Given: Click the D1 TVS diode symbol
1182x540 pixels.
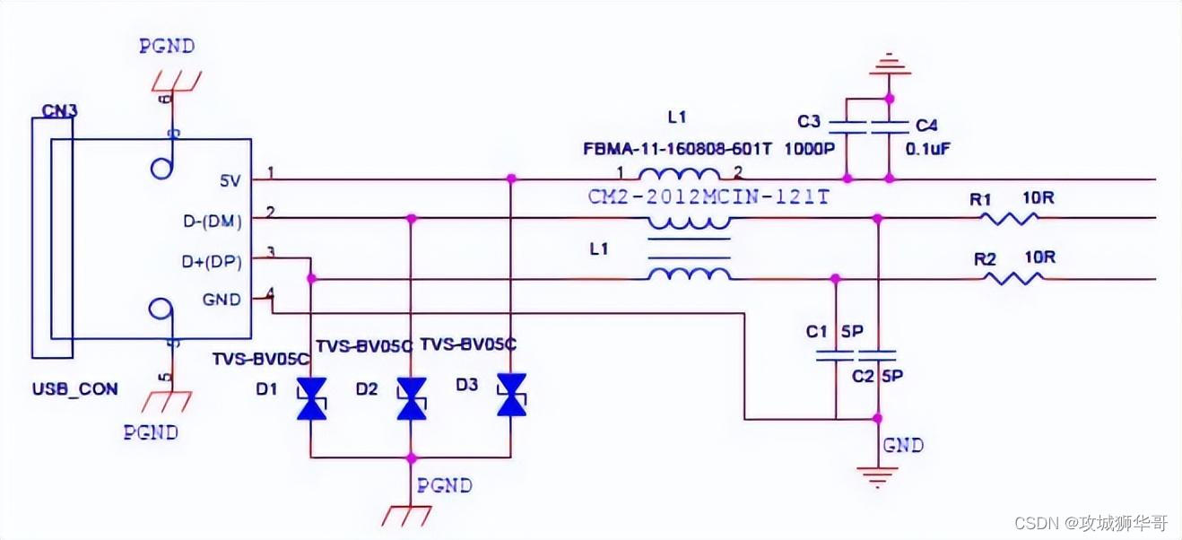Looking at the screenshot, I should [311, 398].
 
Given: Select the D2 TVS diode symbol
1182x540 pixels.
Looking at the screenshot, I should [412, 398].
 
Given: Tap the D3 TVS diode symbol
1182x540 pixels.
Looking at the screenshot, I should [512, 395].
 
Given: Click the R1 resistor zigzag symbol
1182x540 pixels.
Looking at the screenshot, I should [1010, 218].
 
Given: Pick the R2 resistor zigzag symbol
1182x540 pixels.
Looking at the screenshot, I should [1013, 279].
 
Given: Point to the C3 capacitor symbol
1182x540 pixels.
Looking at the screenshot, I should [847, 126].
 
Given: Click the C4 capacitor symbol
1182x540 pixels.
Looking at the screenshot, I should [889, 126].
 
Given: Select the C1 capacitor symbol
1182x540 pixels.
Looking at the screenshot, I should [835, 355].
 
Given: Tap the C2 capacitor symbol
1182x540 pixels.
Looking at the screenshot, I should [878, 355].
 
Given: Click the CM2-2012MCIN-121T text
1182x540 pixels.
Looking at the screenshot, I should [708, 197].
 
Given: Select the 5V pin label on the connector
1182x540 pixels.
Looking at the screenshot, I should [230, 179].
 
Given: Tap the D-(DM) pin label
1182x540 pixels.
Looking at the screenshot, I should [214, 220].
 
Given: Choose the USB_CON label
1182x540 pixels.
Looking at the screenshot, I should [74, 390].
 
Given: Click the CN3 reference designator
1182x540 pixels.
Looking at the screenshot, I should [60, 111].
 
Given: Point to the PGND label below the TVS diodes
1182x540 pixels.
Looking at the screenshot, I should [444, 485].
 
